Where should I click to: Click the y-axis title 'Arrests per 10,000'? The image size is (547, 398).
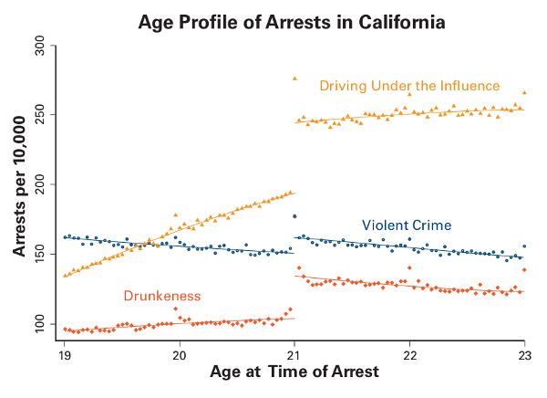17,183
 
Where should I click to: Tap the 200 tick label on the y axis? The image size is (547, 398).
39,184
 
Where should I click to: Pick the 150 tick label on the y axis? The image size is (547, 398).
39,254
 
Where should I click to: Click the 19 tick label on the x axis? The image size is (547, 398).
65,353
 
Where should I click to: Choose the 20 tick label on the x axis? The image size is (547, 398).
180,353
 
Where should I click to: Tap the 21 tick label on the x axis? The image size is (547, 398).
294,353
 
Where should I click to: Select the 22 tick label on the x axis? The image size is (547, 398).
409,353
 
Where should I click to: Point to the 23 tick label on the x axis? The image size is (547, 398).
524,353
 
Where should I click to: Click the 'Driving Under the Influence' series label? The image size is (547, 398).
409,86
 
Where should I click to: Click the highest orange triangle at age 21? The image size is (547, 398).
294,79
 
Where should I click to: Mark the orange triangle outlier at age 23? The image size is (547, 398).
524,92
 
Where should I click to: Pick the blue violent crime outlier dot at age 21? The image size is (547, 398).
294,216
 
